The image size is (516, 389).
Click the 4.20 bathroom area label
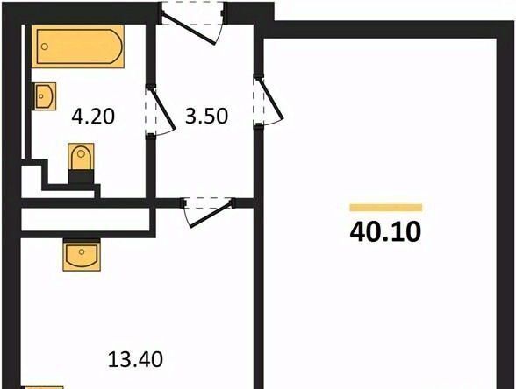(x=93, y=117)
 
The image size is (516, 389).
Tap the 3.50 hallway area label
(x=207, y=116)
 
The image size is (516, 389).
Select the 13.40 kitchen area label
(x=135, y=359)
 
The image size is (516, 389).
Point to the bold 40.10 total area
(x=385, y=231)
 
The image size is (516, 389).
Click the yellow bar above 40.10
(x=386, y=208)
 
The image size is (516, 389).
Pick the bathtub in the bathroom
(x=78, y=46)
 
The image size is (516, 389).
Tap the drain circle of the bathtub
(x=45, y=46)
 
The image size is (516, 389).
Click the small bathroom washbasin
(x=44, y=96)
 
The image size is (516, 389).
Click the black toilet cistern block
(x=81, y=177)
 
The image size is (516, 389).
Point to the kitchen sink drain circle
(x=82, y=252)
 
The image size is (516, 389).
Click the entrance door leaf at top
(x=189, y=29)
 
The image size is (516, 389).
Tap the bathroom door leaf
(x=161, y=108)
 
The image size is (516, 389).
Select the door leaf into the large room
(x=271, y=98)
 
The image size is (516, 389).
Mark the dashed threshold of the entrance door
(x=193, y=13)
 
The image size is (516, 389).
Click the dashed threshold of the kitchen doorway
(x=208, y=202)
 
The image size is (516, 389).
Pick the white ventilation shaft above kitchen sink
(x=86, y=219)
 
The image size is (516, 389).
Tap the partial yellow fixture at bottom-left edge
(x=42, y=387)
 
